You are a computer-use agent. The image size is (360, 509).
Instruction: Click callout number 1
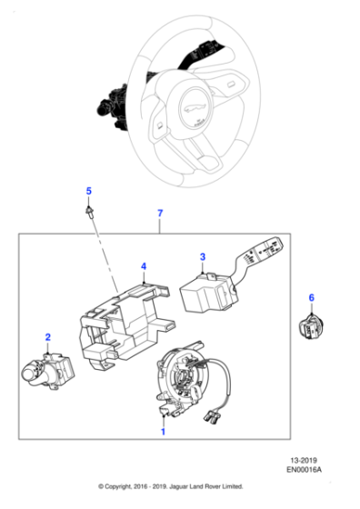click(163, 432)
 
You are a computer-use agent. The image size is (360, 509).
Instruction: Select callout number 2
click(48, 336)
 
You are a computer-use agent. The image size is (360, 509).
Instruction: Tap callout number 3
click(203, 257)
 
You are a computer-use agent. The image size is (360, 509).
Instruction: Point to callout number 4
click(143, 266)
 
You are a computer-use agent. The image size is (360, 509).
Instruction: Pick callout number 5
click(88, 190)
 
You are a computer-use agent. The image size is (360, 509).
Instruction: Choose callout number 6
click(311, 297)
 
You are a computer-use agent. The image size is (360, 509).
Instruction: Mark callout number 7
click(160, 214)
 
